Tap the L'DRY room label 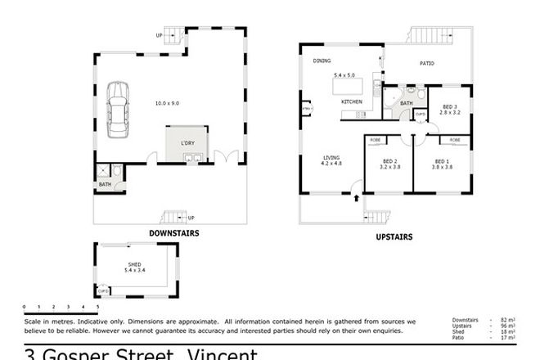(187, 143)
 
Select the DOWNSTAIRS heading (173, 233)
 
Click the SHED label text (134, 264)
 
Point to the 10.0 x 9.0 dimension (167, 103)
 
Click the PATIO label (426, 63)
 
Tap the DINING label (321, 61)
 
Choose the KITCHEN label (352, 101)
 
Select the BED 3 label (449, 106)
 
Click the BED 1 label (443, 161)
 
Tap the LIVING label (331, 158)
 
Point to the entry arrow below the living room (356, 198)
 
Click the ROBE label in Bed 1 (454, 140)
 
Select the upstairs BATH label (406, 103)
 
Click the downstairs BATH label (105, 184)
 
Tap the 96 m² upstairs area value (507, 325)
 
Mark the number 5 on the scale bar (98, 306)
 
